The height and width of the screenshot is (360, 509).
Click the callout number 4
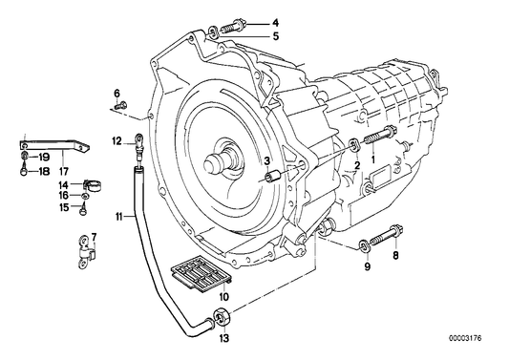[275, 23]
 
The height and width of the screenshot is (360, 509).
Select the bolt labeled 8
[387, 237]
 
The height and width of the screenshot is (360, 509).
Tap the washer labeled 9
[363, 245]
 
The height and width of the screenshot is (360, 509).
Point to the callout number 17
[63, 171]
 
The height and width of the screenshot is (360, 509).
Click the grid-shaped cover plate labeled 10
[201, 271]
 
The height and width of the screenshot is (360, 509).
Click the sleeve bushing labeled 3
[273, 176]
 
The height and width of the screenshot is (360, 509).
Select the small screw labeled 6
[121, 105]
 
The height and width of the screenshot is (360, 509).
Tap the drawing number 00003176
[465, 338]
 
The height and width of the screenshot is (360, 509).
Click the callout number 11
[118, 216]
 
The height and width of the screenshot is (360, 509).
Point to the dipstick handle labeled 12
[138, 145]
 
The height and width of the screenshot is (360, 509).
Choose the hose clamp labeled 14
[93, 186]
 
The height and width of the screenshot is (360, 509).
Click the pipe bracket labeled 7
[86, 252]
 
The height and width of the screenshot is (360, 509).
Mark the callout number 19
[44, 158]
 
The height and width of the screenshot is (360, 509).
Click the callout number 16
[64, 195]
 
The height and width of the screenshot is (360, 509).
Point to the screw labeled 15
[83, 208]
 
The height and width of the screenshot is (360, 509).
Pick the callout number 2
[357, 165]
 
